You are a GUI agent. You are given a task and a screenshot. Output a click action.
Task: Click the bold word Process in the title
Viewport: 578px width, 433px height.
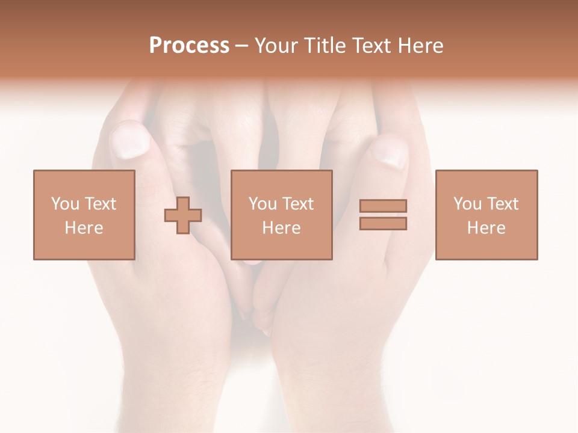point(189,46)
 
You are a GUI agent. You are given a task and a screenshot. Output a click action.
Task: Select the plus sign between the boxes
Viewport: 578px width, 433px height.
point(183,215)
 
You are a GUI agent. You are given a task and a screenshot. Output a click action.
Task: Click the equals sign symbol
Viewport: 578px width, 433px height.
point(383,215)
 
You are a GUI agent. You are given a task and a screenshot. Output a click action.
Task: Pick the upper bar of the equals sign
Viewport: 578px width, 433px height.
point(383,206)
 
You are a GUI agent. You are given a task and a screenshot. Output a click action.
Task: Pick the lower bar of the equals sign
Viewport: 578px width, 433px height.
point(383,224)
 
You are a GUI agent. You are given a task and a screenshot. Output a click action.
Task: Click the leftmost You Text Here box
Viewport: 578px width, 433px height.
point(84,215)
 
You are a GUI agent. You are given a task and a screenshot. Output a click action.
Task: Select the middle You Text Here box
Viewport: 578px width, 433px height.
point(281,215)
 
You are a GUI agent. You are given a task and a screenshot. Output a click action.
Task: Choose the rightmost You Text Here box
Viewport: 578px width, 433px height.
point(486,215)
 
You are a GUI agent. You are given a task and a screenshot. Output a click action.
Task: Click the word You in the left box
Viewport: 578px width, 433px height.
point(64,203)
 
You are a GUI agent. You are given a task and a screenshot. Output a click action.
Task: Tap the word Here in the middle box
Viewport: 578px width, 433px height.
point(281,228)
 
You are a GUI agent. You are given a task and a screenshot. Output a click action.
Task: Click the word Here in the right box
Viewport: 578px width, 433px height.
point(486,228)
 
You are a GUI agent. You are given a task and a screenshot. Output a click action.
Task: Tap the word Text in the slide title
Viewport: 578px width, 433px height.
point(371,46)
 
